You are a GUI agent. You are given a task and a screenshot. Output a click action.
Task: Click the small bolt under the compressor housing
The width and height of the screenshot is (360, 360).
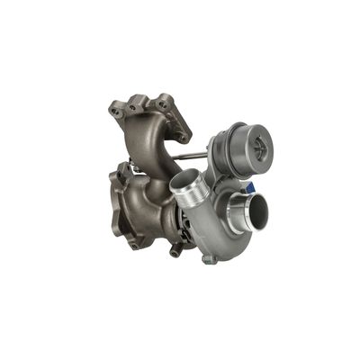pos(208,259)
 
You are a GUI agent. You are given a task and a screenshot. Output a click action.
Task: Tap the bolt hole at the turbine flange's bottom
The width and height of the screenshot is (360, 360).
pos(134,242)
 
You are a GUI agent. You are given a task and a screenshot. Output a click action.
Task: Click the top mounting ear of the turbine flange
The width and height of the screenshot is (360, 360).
pos(121,168)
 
